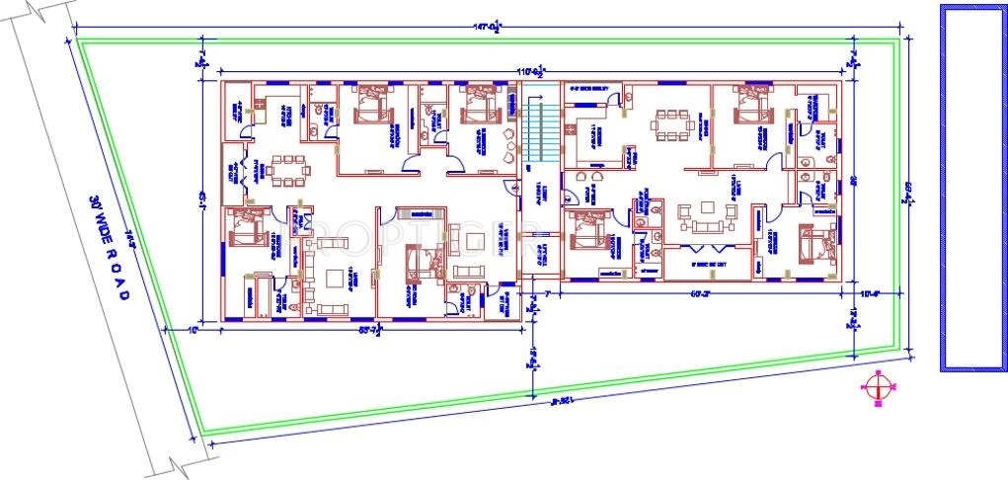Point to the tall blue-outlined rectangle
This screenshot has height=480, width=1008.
tap(971, 188)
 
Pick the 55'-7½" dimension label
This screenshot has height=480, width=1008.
tap(368, 331)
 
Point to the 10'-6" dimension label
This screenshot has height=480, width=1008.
tap(869, 293)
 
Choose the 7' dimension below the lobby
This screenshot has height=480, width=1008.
tap(543, 294)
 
